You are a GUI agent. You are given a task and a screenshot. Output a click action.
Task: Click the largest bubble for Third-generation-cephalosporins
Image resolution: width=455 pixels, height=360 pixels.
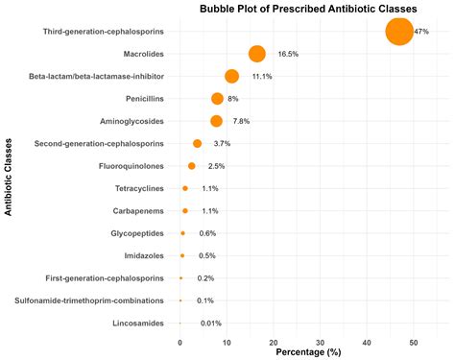pos(398,32)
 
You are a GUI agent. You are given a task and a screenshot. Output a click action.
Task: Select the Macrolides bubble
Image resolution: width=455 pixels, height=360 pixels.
pos(256,54)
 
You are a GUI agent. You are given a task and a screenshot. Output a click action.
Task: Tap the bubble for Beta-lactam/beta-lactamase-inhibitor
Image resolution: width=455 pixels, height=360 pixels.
pos(231,76)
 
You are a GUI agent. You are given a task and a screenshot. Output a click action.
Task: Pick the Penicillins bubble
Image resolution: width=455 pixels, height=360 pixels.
pos(217,99)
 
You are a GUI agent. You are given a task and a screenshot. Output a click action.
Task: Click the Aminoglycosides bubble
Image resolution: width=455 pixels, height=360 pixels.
pos(216,121)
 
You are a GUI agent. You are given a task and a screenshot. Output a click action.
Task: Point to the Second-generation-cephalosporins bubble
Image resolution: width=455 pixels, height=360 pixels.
pos(197,144)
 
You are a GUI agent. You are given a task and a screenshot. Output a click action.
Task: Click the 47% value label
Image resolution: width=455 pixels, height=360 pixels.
pos(420,32)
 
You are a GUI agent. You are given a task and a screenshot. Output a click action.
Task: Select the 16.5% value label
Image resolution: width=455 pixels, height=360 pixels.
pos(288,54)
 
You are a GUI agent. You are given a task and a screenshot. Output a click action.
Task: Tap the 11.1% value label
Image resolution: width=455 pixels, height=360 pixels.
pos(262,76)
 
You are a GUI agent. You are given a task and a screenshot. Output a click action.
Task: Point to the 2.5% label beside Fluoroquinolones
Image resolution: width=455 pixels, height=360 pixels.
pos(216,166)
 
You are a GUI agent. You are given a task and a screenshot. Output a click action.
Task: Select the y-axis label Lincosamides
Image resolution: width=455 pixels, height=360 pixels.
pos(136,324)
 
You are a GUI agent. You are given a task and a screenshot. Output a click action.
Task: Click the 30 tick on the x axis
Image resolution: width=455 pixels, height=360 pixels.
pos(320,341)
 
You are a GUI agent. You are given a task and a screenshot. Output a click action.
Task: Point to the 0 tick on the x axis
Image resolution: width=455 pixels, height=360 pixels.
pos(180,341)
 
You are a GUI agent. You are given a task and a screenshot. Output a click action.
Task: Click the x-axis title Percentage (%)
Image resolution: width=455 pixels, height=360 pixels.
pos(309,352)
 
